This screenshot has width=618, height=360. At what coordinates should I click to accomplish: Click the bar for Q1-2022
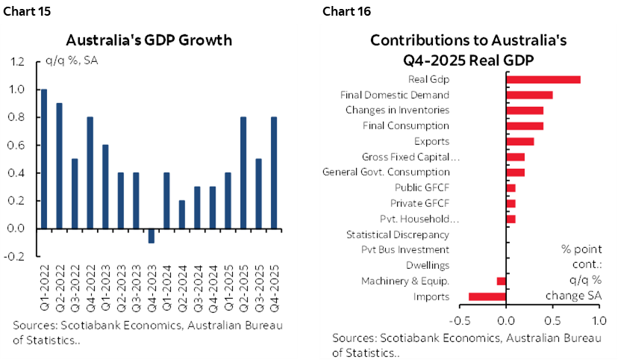coord(44,158)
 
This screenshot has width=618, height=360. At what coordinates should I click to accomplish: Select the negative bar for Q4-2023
coord(152,235)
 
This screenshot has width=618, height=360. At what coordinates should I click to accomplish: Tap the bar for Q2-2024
coord(182,214)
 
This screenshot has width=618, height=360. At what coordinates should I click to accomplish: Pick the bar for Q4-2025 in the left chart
coord(274,173)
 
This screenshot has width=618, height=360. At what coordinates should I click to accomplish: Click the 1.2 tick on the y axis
coord(17,62)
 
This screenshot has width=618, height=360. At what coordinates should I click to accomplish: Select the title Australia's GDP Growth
coord(149,40)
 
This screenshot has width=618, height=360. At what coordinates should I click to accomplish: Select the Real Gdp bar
coord(543,80)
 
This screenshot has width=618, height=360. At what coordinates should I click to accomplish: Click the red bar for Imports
coord(487,297)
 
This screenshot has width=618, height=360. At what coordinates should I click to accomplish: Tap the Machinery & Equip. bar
coord(502,281)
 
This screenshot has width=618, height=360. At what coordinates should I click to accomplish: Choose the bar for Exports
coord(520,141)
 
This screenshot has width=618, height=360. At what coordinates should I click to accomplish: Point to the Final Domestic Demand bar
coord(529,95)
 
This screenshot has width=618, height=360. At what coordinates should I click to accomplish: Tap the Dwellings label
coord(428,265)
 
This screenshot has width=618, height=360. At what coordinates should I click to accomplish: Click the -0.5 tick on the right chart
coord(458,321)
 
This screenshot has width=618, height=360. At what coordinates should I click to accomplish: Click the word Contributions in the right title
coord(415,40)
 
